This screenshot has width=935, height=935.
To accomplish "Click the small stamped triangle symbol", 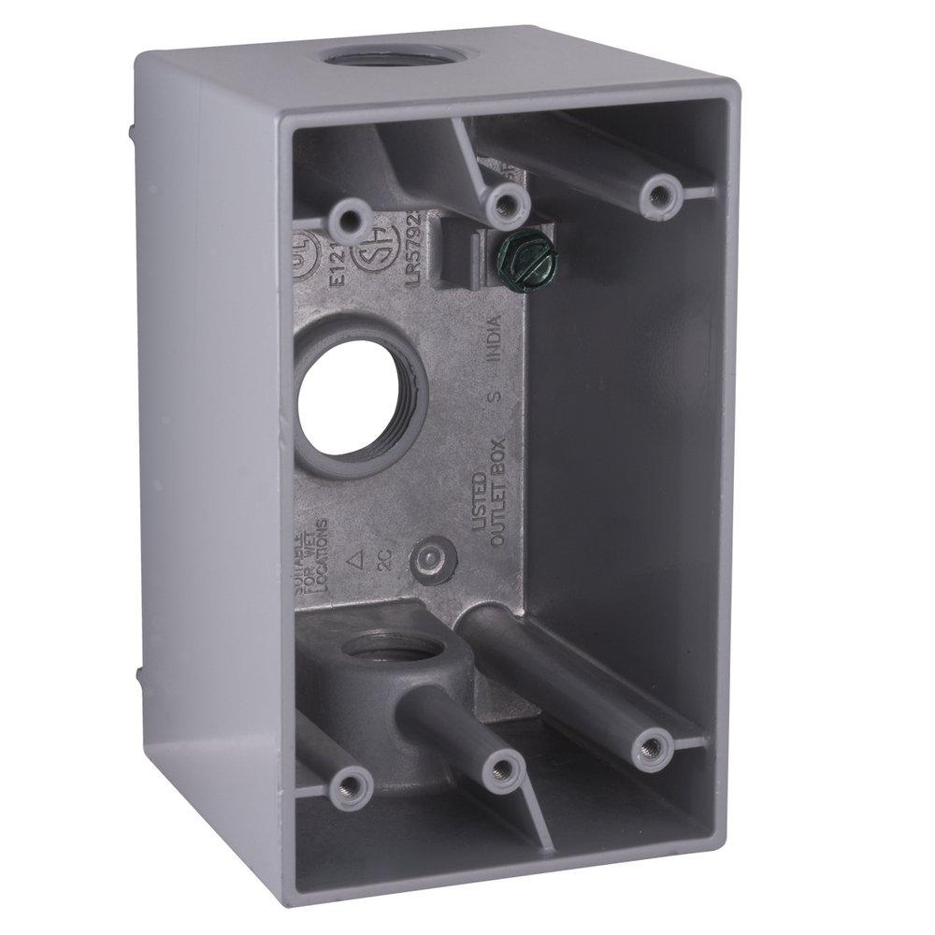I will tap(355, 561).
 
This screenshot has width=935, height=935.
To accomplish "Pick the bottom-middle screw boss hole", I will tap(506, 769).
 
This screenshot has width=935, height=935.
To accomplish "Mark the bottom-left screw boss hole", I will tap(352, 784).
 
